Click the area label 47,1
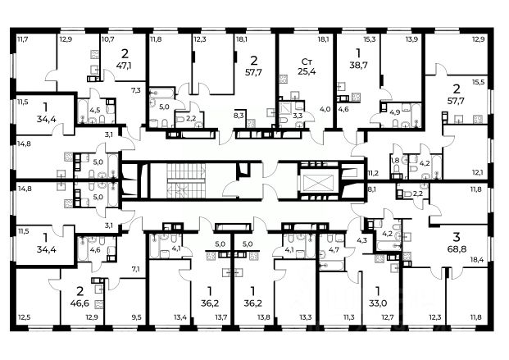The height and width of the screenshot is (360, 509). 124,66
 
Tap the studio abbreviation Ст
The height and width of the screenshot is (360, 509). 307,62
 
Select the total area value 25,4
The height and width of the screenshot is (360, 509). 307,71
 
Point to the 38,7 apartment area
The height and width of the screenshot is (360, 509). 358,65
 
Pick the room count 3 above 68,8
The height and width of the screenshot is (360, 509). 457,237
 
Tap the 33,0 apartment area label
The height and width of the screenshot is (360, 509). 377,303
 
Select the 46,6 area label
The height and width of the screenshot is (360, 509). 80,303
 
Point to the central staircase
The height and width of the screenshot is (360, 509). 186,181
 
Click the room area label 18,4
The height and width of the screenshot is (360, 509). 477,259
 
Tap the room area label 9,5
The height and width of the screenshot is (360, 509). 135,317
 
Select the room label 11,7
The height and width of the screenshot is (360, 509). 23,40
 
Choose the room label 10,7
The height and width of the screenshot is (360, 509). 107,40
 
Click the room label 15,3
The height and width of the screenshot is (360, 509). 369,40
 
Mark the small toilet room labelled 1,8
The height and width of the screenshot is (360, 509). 395,160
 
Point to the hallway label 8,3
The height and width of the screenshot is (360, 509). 239,116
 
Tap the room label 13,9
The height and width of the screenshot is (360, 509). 411,40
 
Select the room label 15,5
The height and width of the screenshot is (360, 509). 478,83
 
